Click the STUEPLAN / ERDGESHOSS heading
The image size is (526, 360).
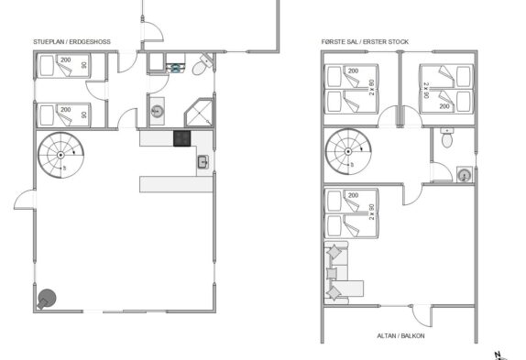click(71, 42)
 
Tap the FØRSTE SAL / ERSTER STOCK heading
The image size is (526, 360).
click(365, 42)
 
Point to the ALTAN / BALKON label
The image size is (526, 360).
click(400, 336)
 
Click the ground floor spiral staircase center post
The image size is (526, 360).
click(60, 155)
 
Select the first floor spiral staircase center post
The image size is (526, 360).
click(348, 151)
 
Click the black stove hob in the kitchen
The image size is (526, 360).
click(181, 138)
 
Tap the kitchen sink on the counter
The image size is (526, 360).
click(203, 162)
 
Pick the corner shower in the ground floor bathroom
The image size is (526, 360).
click(199, 113)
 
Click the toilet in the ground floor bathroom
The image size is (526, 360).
click(203, 65)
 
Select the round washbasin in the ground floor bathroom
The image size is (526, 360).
click(157, 111)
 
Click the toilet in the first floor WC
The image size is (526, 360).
click(447, 137)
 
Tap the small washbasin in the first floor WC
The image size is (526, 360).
click(465, 175)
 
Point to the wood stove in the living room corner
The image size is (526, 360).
click(47, 299)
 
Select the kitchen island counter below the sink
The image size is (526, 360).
click(176, 184)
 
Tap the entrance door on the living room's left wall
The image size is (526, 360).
click(24, 200)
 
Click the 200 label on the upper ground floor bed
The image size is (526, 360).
click(66, 60)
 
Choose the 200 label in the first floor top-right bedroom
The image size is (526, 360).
click(444, 106)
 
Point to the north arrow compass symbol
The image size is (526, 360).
click(500, 355)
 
